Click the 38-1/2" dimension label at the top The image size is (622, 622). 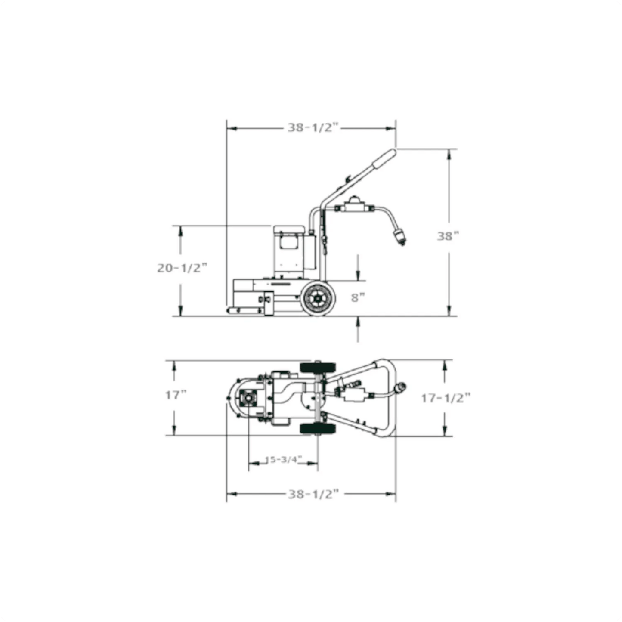(313, 128)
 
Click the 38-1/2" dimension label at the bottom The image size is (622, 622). (313, 494)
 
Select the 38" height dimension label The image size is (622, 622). (448, 236)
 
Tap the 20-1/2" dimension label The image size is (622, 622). (182, 268)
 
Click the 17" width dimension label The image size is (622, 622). (176, 395)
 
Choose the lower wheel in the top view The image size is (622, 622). (318, 428)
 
